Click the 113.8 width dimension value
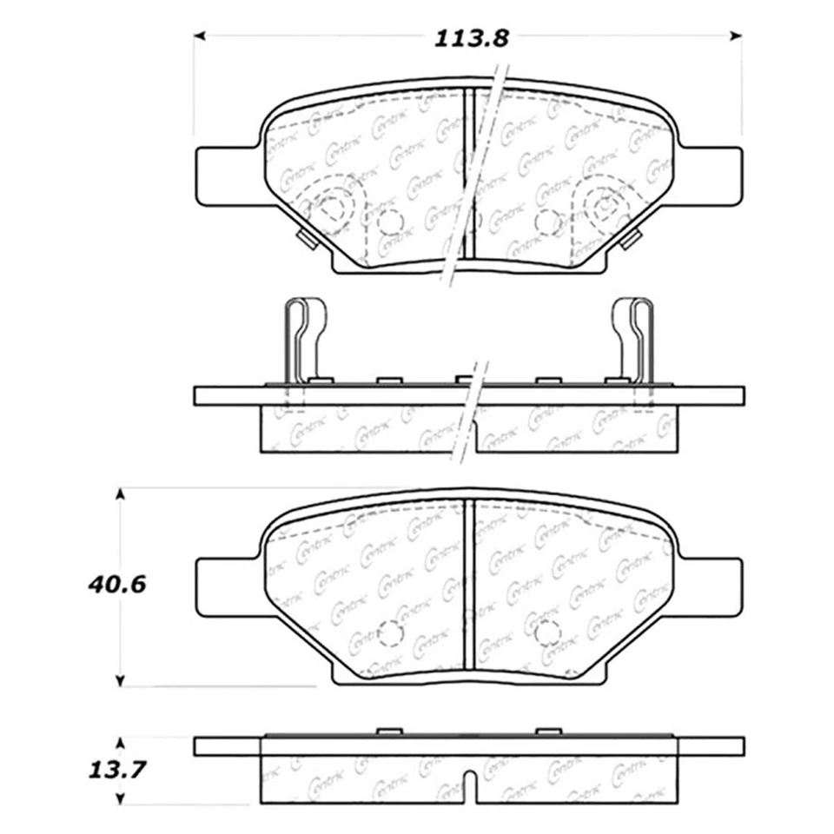(469, 38)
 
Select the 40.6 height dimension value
(116, 585)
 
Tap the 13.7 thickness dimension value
(116, 770)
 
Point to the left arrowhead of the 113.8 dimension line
(199, 36)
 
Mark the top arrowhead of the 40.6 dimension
(121, 493)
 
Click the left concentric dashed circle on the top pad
(329, 208)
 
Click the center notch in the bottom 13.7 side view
(469, 786)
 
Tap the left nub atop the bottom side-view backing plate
(389, 732)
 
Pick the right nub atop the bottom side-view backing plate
(547, 732)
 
